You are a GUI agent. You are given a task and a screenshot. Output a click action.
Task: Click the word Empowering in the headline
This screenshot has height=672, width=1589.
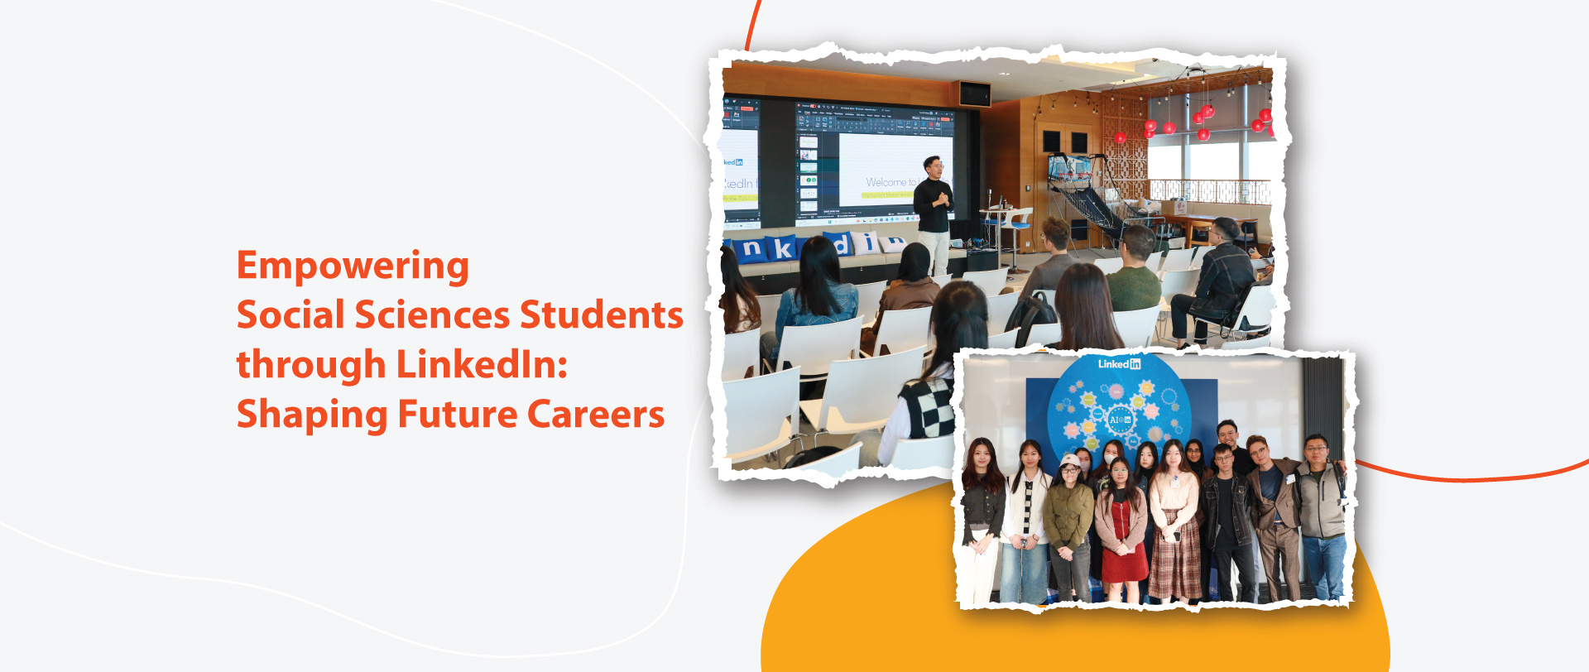pyautogui.click(x=353, y=266)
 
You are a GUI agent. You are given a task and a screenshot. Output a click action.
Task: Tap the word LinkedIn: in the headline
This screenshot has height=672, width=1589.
pyautogui.click(x=482, y=365)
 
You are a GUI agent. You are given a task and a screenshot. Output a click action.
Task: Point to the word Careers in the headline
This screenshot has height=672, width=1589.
pyautogui.click(x=595, y=415)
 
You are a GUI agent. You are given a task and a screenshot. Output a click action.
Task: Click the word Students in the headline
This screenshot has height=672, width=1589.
pyautogui.click(x=601, y=315)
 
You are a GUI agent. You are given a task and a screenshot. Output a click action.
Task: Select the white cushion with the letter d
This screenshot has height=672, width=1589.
pyautogui.click(x=840, y=245)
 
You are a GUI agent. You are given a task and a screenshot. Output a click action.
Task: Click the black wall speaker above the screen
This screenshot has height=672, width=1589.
pyautogui.click(x=975, y=94)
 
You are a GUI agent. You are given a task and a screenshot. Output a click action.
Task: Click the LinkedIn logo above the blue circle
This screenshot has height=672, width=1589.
pyautogui.click(x=1119, y=364)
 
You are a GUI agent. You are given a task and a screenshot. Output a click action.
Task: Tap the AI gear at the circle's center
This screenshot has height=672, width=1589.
pyautogui.click(x=1120, y=420)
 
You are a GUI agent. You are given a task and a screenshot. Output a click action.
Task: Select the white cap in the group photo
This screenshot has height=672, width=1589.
pyautogui.click(x=1070, y=460)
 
